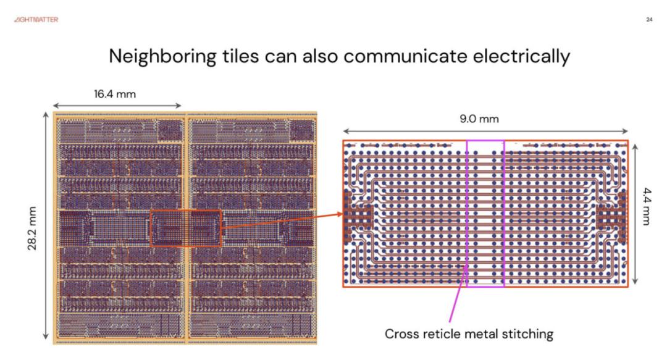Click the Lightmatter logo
point(36,20)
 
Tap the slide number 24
point(649,20)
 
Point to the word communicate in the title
point(405,57)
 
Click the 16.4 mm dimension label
point(115,94)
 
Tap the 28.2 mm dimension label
point(32,228)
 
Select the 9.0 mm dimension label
point(479,119)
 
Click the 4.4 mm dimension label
point(647,206)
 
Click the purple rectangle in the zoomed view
point(467,213)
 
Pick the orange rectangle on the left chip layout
point(150,228)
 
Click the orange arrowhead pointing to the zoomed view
point(339,214)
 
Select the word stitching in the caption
point(527,334)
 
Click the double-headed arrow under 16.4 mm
point(117,106)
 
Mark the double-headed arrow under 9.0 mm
point(485,131)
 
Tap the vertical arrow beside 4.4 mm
point(635,214)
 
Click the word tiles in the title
point(240,56)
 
